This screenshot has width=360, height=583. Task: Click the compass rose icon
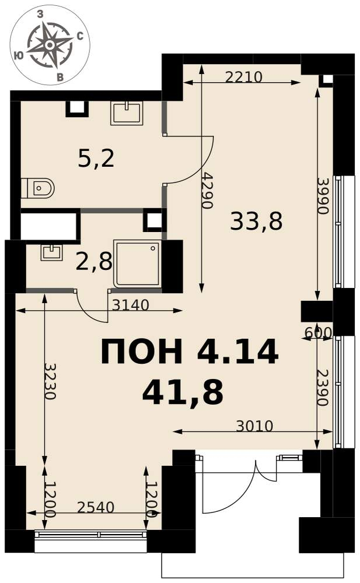50,45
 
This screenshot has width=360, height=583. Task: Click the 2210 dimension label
244,77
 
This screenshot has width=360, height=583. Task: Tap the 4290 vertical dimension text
207,191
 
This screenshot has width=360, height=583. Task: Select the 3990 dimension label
323,196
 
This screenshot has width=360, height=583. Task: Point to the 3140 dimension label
130,305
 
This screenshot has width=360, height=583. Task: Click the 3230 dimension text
50,381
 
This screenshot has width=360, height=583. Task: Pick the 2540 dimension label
96,507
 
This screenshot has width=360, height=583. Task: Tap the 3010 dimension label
254,426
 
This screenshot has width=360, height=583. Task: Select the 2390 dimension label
323,388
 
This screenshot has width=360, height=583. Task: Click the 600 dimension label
318,332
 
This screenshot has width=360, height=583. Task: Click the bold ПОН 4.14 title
190,352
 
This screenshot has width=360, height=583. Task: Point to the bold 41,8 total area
183,392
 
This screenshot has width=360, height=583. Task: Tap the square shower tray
138,264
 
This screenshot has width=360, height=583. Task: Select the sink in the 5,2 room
126,114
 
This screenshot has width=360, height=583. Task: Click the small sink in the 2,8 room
51,252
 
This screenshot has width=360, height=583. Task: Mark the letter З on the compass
41,14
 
